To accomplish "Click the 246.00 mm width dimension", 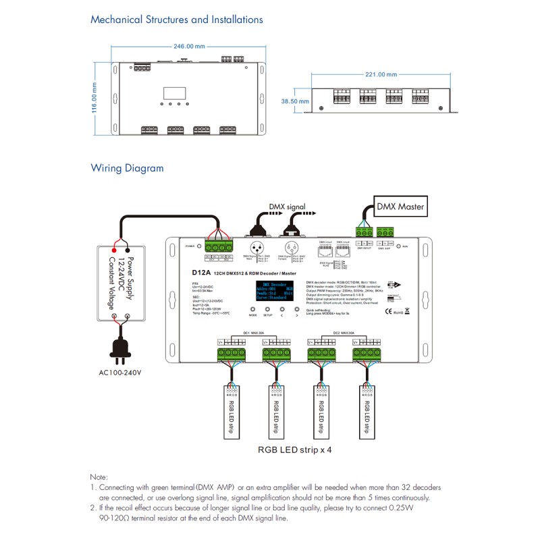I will (189, 47).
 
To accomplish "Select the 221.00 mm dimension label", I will (379, 75).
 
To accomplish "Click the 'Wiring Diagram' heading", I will (127, 168).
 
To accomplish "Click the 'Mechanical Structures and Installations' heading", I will (177, 20).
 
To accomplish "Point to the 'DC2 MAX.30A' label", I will (344, 333).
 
